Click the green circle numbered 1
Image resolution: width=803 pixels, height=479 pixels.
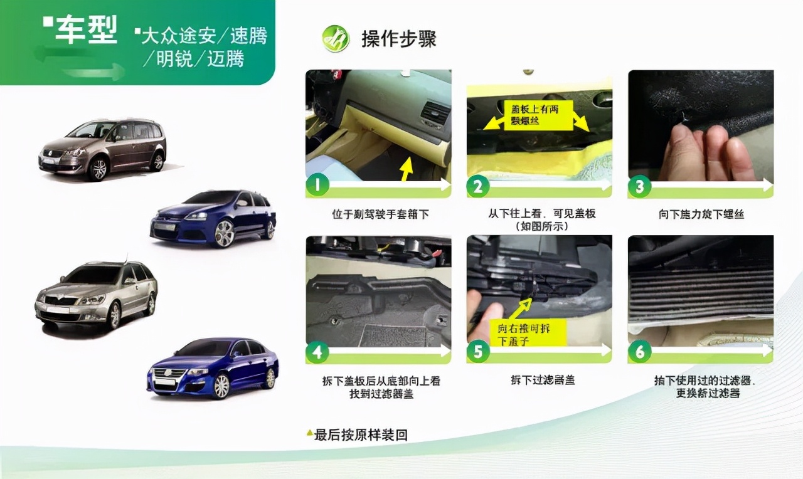click(317, 186)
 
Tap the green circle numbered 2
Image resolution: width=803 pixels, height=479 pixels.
click(478, 186)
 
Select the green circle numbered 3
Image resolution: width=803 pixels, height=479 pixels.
click(639, 186)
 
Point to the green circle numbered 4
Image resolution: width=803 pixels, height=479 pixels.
click(317, 352)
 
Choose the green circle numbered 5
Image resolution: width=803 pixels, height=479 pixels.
click(478, 352)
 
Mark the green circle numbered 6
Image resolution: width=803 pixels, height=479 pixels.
click(639, 352)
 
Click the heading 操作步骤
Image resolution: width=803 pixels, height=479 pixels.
click(398, 39)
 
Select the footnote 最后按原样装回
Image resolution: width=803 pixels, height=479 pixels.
click(360, 434)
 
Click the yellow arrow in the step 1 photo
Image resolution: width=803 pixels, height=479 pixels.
click(407, 168)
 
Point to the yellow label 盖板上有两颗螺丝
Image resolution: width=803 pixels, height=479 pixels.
click(530, 115)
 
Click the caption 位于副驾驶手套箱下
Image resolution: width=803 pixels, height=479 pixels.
click(380, 214)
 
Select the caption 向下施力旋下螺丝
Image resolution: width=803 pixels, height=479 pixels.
click(701, 214)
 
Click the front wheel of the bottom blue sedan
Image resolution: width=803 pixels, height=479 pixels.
click(221, 386)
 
